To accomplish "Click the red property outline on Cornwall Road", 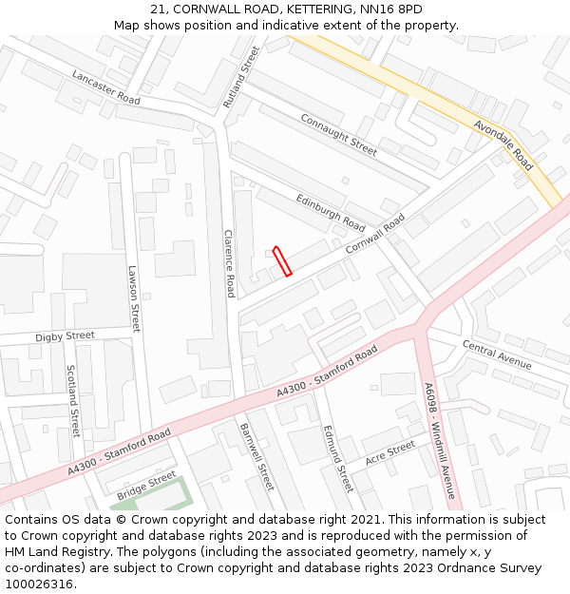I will pos(282,261).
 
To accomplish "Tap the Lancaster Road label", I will pos(105,87).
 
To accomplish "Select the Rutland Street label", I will pos(240,76).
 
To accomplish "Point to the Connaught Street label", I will pos(339,134).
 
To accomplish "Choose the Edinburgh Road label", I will pos(331,213).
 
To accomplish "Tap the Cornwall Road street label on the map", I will pos(374,233).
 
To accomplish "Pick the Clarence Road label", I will pos(229,263).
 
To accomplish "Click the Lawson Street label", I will pos(134,297).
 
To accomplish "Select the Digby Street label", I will pos(65,336).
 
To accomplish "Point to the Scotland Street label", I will pos(72,399).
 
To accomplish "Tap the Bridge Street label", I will pos(146,486).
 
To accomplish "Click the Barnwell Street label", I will pos(256,456).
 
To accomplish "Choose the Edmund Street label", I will pos(336,458).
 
